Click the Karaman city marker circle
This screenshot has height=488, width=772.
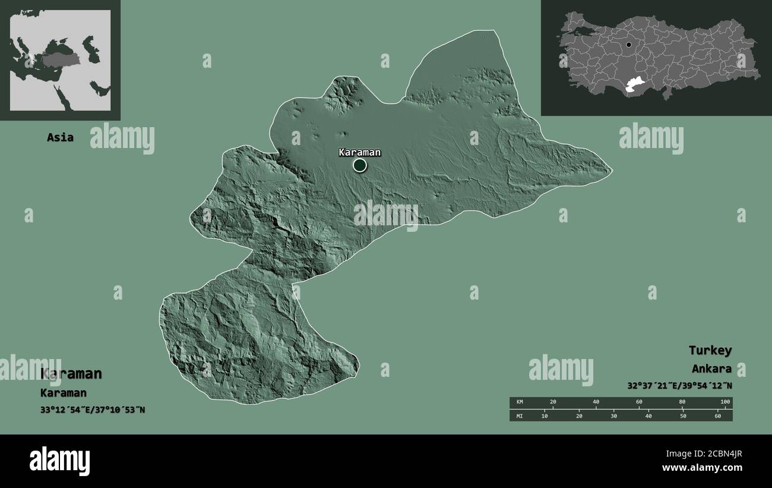coord(360,165)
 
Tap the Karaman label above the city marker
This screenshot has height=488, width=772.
coord(359,152)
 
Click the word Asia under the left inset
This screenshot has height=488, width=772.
coord(60,137)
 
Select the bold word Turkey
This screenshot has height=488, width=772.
coord(710,350)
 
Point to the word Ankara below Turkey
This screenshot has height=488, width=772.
coord(711,369)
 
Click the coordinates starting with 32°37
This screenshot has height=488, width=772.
coord(679,385)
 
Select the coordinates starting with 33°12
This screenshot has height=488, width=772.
coord(93,410)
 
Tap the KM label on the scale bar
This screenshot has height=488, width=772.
coord(520,402)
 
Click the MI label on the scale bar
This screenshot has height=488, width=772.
coord(520,415)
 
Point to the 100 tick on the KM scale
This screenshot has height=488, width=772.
coord(724,402)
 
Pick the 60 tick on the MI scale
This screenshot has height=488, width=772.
coord(717,415)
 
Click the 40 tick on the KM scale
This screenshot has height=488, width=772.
coord(596,402)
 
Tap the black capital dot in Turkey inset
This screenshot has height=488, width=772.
coord(629,45)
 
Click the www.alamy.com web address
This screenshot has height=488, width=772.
coord(702,468)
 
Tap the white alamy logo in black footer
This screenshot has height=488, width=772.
coord(59,461)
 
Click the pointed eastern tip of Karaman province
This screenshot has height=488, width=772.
coord(610,171)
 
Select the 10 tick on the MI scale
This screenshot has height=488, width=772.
coord(545,415)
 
